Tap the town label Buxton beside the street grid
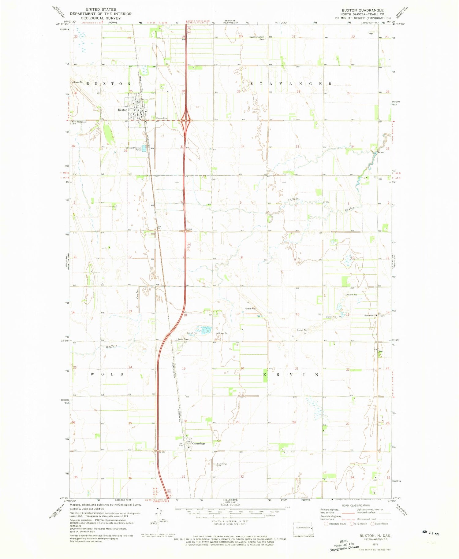point(122,110)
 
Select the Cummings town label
point(199,443)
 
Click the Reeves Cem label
point(162,118)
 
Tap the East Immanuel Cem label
point(256,38)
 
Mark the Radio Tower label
point(183,339)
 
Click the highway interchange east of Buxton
point(186,120)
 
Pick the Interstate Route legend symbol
point(326,524)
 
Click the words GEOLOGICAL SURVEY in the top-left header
point(101,18)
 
